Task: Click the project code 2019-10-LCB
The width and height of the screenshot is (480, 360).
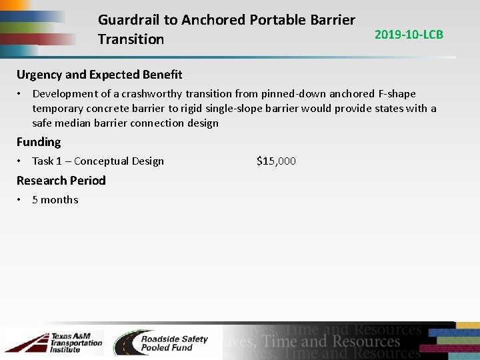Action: tap(409, 35)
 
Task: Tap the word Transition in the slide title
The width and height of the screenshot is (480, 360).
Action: tap(131, 39)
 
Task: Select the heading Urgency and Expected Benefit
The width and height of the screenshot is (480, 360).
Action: tap(99, 75)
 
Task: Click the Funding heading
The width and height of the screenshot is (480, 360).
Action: tap(39, 142)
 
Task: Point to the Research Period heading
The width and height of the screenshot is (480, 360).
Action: tap(61, 181)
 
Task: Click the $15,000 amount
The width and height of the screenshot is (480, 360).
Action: tap(276, 161)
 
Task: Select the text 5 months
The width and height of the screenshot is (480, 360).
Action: tap(55, 199)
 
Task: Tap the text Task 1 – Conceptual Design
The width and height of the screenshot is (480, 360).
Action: tap(98, 161)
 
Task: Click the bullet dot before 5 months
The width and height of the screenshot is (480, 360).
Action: tap(21, 199)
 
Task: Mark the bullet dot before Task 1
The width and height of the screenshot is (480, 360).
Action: tap(21, 161)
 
